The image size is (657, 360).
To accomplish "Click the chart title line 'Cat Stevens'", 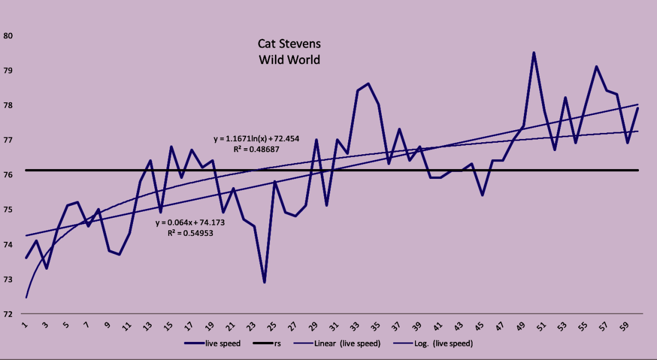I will click(x=289, y=43).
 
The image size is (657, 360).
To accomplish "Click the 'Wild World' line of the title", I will click(x=289, y=59).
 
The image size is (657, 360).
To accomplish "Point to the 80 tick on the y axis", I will click(x=8, y=36).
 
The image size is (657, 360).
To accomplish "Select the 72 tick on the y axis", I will click(x=8, y=314).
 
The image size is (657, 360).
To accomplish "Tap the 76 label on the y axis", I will click(x=8, y=175).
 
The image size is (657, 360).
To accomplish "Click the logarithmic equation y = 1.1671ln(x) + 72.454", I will click(x=256, y=139).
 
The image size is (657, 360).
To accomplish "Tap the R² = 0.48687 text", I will click(x=256, y=148).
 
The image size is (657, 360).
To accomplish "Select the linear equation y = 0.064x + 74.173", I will click(x=190, y=223).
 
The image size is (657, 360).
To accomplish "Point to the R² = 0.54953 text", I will click(x=190, y=233).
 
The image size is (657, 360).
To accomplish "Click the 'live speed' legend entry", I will click(x=214, y=344).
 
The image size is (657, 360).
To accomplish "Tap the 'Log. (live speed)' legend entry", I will click(x=433, y=344).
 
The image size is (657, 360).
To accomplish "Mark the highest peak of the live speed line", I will click(x=534, y=53).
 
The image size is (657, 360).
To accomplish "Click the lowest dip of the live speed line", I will click(x=264, y=282).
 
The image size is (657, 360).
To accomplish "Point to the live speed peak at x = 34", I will click(x=368, y=84).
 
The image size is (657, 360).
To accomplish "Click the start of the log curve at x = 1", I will click(x=26, y=298).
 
